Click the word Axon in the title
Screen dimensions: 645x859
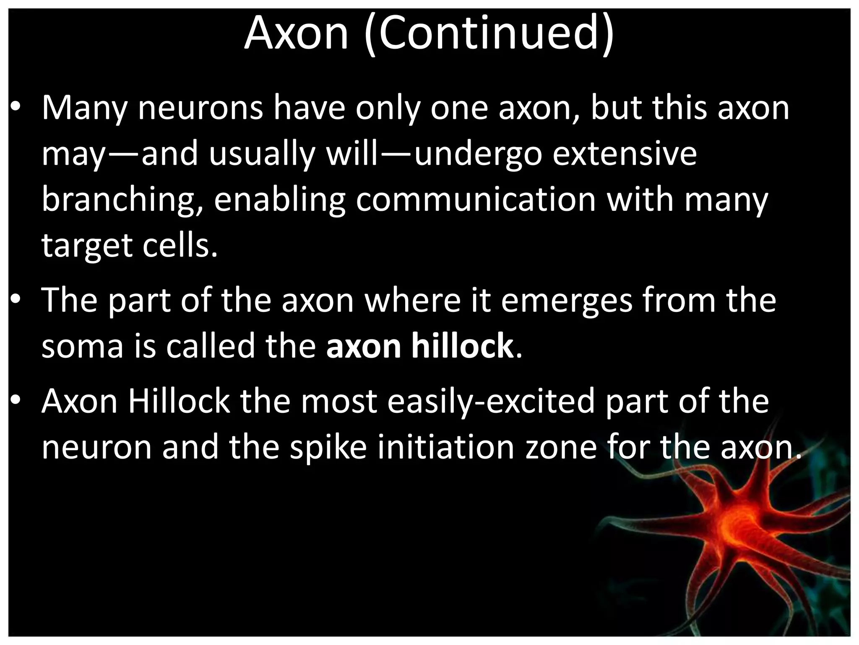pyautogui.click(x=296, y=34)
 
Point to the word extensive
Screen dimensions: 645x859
pyautogui.click(x=625, y=154)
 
